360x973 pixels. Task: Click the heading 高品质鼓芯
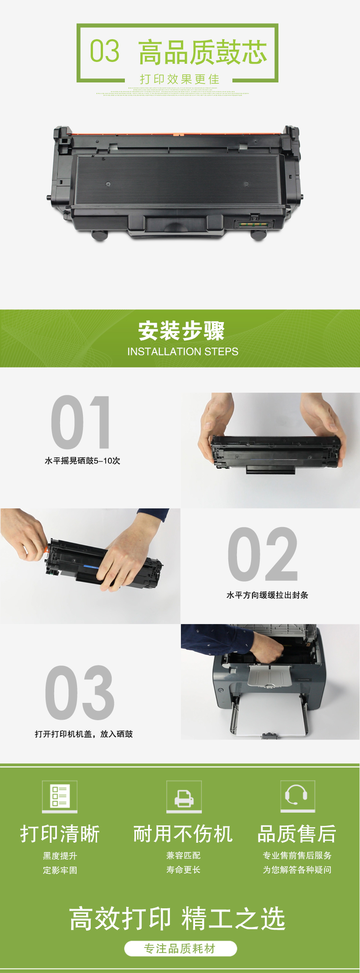pos(202,52)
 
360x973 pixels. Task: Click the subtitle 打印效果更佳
pos(180,79)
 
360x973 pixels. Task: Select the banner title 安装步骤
pos(181,331)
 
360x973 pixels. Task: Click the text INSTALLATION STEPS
pos(183,352)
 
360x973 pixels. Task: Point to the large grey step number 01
pos(81,422)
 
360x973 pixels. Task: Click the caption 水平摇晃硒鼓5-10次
pos(82,461)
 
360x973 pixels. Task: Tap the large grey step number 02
pos(263,554)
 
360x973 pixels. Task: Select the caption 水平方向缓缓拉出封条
pos(267,595)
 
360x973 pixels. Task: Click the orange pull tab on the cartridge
pos(46,550)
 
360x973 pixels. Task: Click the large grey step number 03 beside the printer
pos(80,692)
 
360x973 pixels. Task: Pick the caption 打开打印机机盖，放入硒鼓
pos(84,734)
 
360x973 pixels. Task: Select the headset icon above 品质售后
pos(298,796)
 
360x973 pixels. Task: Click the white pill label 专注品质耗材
pos(180,949)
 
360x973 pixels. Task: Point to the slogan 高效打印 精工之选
pos(177,918)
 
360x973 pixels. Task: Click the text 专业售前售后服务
pos(297,855)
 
